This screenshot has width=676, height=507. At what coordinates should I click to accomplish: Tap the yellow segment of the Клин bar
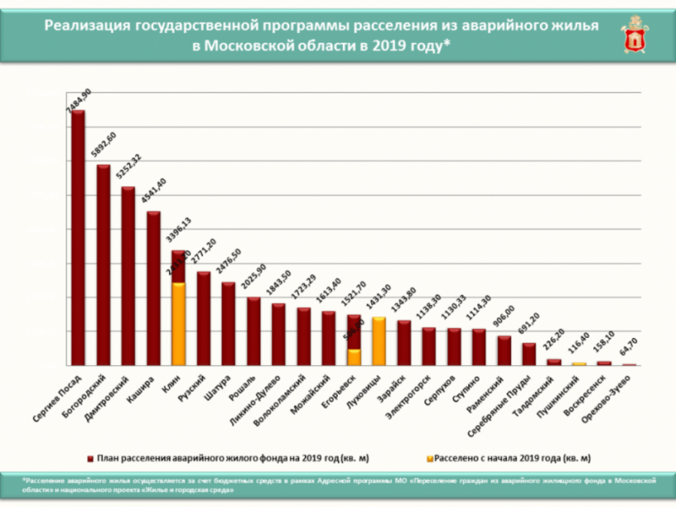click(179, 323)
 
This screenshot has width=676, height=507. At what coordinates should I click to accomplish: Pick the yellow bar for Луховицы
click(379, 341)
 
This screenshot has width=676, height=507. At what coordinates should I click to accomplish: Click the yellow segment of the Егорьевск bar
click(354, 357)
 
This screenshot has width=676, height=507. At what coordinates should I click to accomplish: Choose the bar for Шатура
click(228, 323)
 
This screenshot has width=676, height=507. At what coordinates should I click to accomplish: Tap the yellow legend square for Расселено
click(429, 457)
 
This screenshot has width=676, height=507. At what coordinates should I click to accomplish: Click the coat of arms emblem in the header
click(634, 35)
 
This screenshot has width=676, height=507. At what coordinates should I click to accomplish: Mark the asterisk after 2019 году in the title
click(448, 43)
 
